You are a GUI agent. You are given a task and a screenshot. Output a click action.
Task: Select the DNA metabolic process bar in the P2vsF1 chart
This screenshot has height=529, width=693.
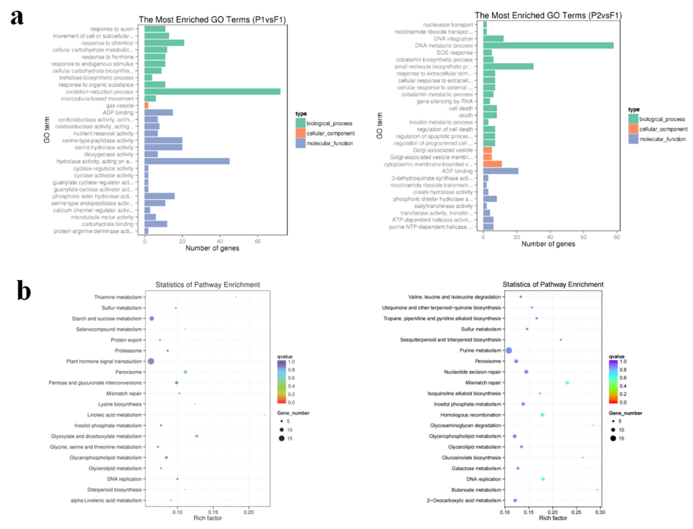click(x=548, y=46)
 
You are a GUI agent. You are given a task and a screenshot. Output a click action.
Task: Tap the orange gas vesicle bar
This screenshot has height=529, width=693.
click(x=146, y=106)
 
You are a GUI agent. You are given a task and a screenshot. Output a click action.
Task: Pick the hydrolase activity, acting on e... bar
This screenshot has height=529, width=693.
click(x=187, y=161)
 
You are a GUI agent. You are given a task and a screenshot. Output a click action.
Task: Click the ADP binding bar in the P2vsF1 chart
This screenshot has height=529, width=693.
click(x=501, y=171)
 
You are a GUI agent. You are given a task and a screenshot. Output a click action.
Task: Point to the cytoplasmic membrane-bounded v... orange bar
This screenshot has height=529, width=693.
click(x=492, y=164)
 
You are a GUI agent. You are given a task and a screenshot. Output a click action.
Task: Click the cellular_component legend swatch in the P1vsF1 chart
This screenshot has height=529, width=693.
click(x=300, y=133)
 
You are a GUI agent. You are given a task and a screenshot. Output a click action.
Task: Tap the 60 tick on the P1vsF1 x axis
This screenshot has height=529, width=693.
click(x=258, y=241)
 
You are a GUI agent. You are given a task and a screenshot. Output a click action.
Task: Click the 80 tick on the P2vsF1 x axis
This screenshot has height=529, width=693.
click(x=617, y=237)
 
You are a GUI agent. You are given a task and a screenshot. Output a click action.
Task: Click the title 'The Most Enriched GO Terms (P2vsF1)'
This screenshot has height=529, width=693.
click(x=548, y=15)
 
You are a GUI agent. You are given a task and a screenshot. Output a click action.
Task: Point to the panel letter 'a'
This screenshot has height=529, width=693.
click(x=17, y=17)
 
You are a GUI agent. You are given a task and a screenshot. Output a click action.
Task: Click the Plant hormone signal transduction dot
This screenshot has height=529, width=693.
click(x=151, y=361)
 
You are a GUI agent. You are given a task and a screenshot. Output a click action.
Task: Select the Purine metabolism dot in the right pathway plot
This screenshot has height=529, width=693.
click(x=509, y=350)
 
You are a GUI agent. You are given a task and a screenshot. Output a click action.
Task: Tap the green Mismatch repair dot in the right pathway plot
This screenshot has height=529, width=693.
click(x=567, y=382)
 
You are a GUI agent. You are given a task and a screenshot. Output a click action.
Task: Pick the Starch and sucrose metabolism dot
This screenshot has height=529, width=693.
click(x=152, y=318)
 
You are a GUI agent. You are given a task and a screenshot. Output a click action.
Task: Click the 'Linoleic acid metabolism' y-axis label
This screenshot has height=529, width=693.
click(x=115, y=415)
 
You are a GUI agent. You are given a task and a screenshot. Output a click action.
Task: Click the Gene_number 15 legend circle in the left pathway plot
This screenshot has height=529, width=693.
click(x=281, y=438)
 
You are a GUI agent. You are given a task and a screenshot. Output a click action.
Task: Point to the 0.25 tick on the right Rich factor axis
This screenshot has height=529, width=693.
click(x=576, y=512)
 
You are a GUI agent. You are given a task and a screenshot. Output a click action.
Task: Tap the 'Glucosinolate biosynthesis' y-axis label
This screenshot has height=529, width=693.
click(x=471, y=458)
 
